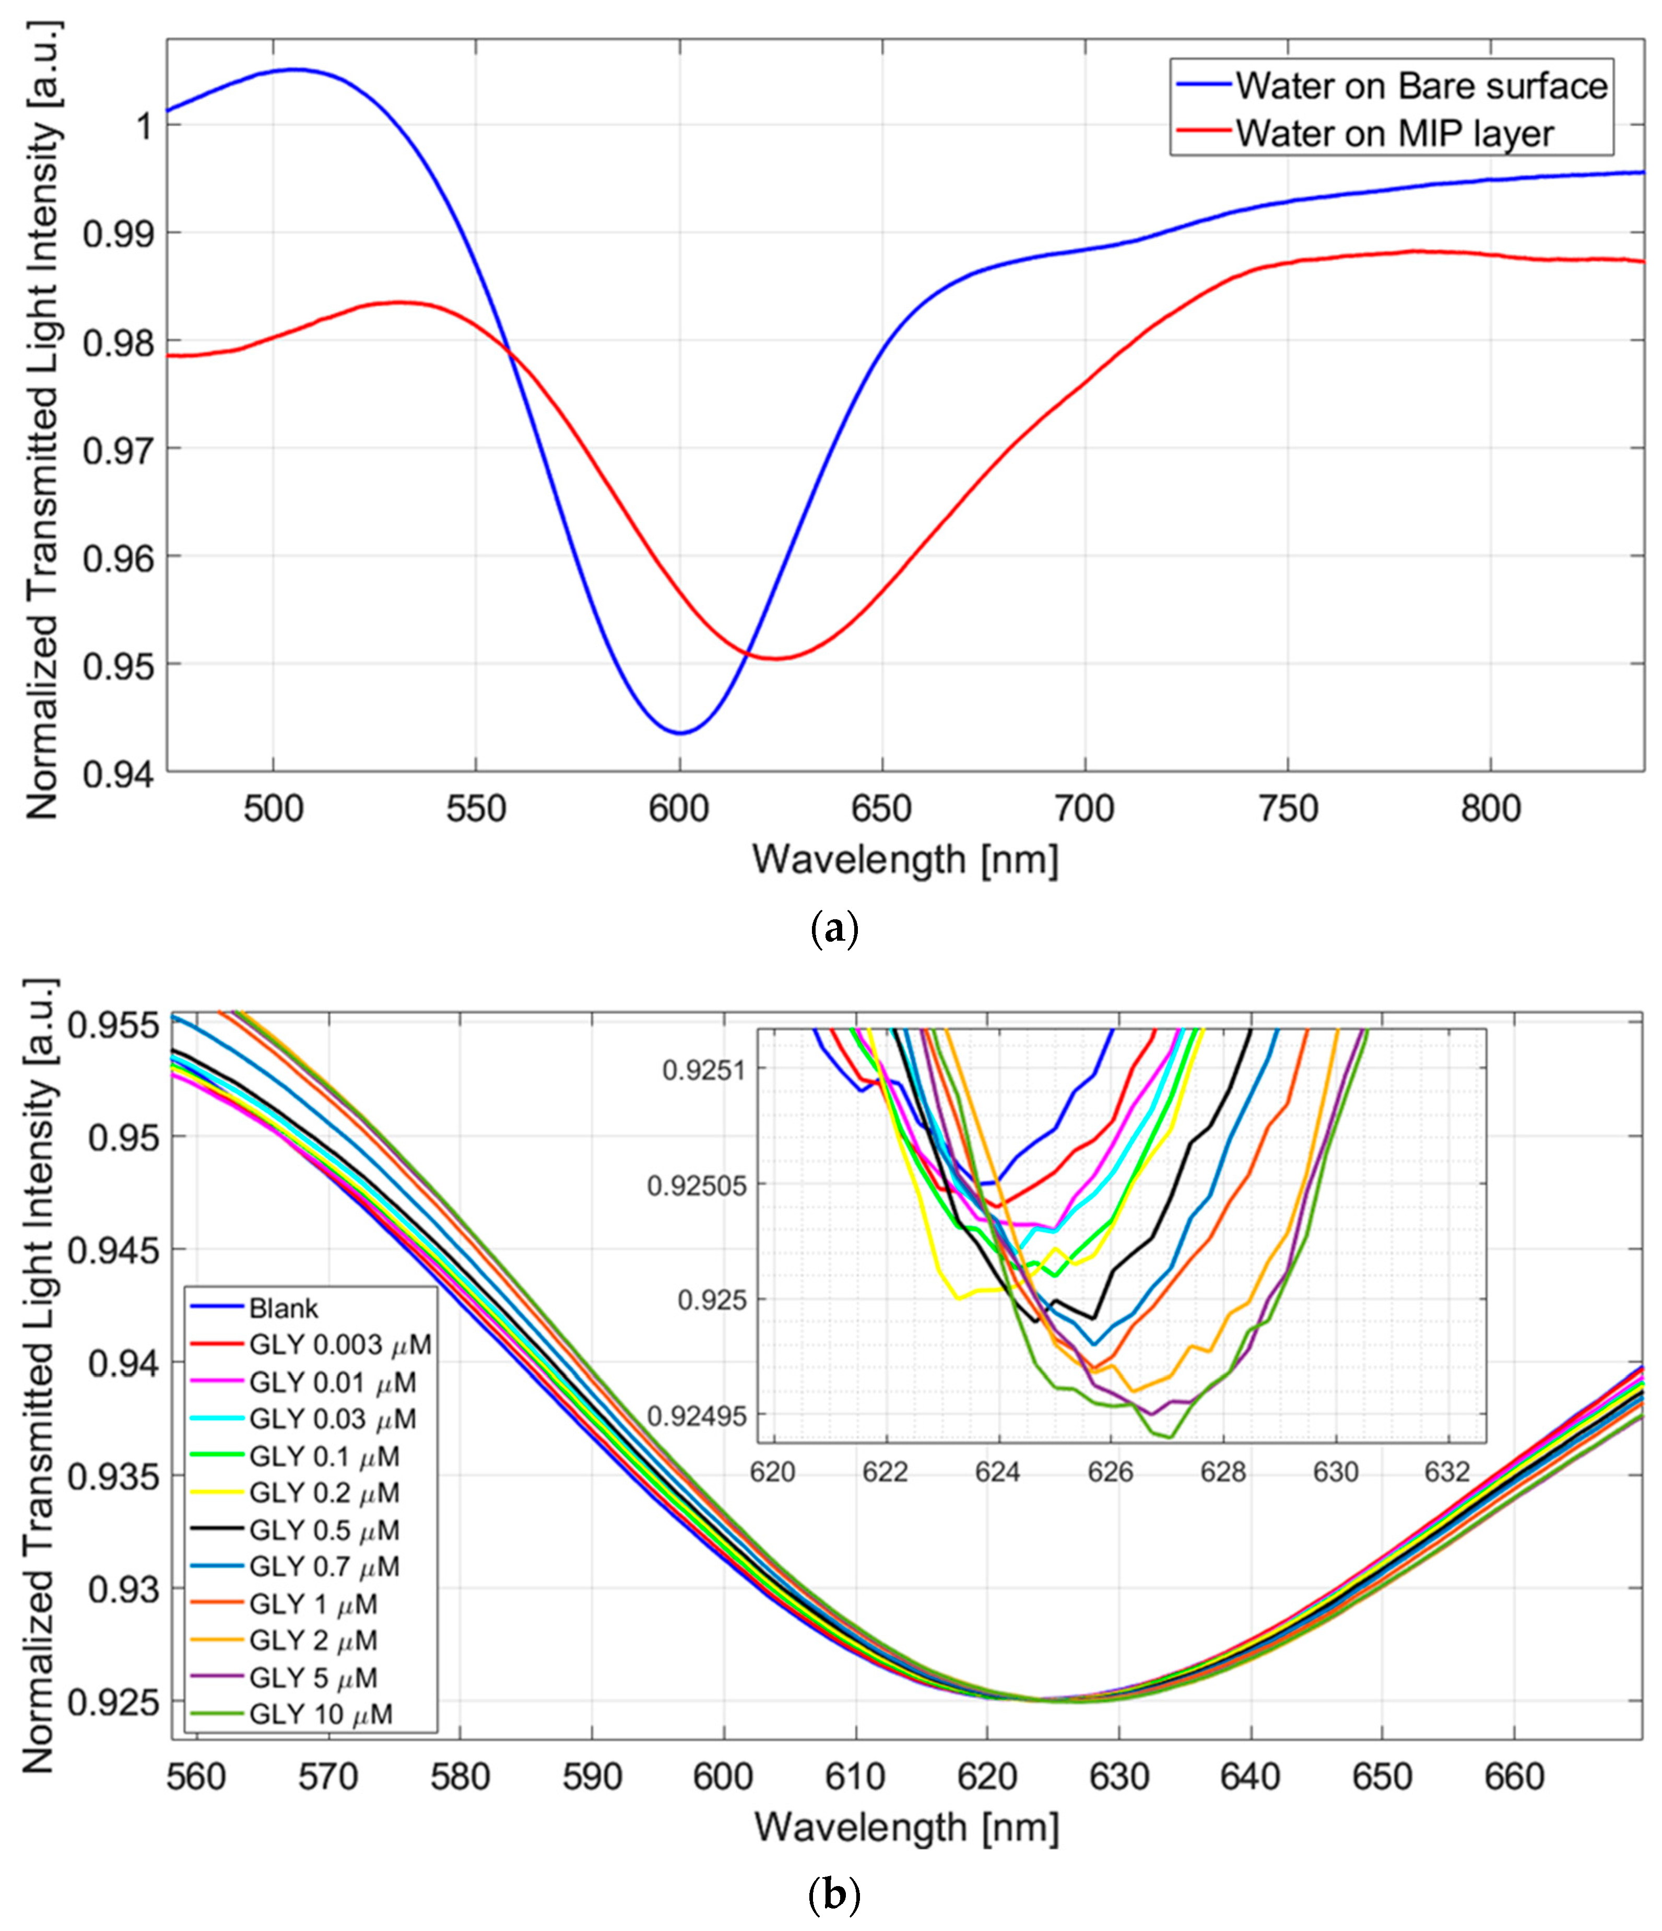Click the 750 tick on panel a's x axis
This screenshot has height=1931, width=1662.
click(1288, 809)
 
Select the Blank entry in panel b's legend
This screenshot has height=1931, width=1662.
click(283, 1308)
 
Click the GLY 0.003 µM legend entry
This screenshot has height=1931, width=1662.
click(340, 1345)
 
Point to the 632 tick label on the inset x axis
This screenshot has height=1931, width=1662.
click(1448, 1472)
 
